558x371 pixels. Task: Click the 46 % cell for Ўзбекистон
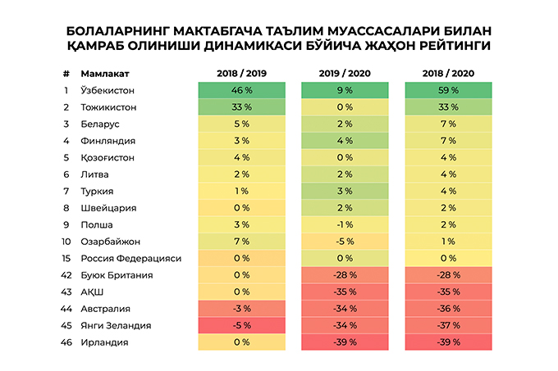pos(240,90)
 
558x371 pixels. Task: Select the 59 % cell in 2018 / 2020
pos(447,90)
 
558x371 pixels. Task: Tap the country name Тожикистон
pos(109,107)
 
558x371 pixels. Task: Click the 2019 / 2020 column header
pos(344,73)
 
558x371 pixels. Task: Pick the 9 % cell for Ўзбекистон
pos(344,90)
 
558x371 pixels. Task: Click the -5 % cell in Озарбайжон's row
pos(344,241)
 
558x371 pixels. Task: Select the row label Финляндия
pos(107,141)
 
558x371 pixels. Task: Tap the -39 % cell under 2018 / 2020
pos(447,341)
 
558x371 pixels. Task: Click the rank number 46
pos(66,341)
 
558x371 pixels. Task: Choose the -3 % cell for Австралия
pos(240,307)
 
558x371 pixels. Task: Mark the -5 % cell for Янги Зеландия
pos(240,324)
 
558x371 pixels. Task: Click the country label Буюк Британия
pos(114,274)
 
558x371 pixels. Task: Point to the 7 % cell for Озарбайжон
pos(240,241)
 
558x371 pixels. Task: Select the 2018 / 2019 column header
pos(240,73)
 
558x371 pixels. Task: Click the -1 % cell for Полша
pos(344,224)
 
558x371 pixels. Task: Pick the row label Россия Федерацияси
pos(130,257)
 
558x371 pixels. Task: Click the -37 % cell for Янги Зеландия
pos(447,324)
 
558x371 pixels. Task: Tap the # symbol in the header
pos(65,73)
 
